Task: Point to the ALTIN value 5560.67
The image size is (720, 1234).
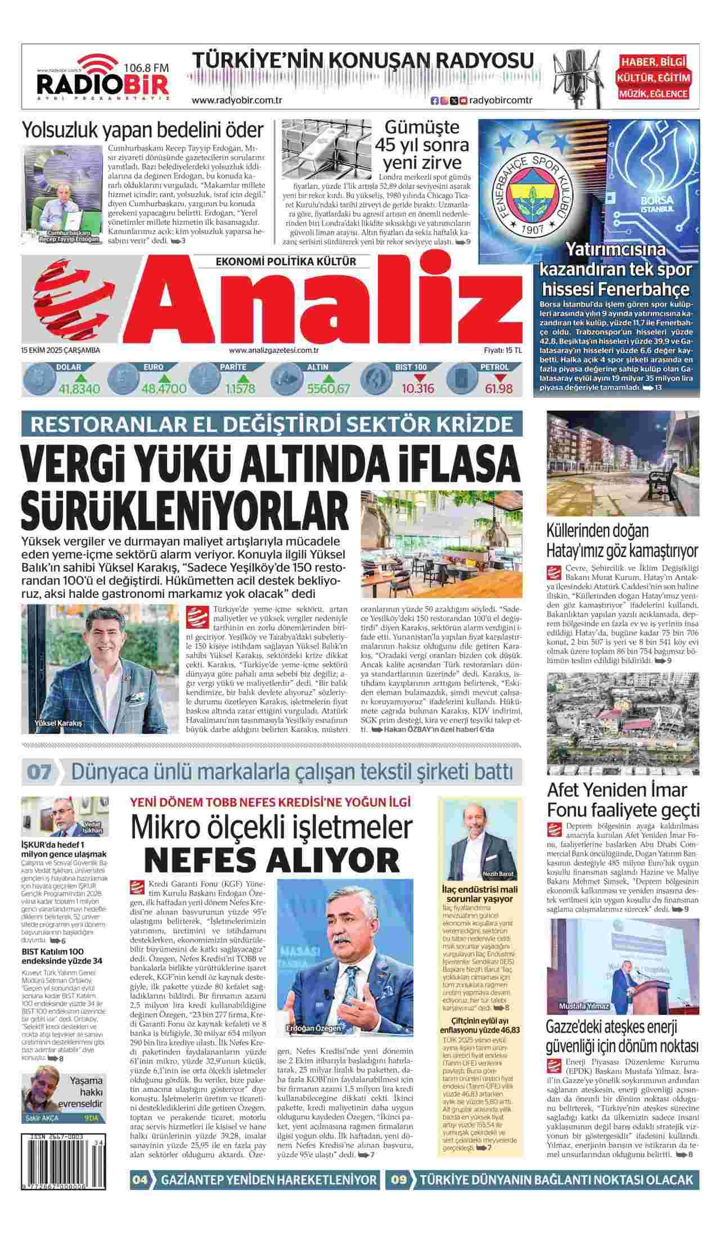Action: (328, 388)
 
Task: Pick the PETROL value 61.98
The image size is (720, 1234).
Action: (498, 388)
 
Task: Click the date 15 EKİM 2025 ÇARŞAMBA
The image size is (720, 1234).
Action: (60, 350)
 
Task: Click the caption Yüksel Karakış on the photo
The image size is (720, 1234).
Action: (58, 723)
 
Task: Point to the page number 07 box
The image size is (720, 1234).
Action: (38, 772)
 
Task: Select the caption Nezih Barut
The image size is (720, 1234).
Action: (494, 874)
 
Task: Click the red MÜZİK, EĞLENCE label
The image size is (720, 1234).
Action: (654, 94)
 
